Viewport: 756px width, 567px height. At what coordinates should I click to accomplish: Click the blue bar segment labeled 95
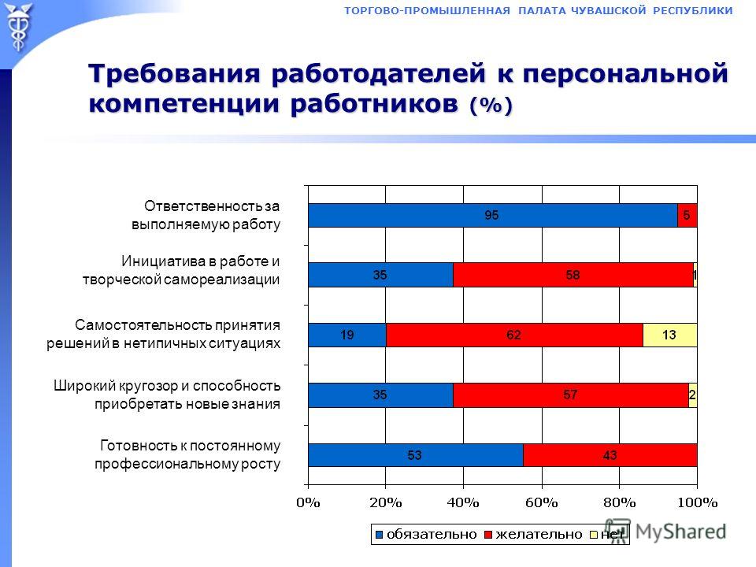point(493,215)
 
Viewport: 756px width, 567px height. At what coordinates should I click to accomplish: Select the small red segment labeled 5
point(687,215)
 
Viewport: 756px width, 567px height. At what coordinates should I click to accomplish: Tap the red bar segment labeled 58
point(573,275)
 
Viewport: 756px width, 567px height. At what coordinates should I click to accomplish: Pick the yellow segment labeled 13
point(669,335)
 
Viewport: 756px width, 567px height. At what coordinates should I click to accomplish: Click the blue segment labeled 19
point(347,335)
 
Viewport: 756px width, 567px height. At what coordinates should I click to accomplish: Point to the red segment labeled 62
point(514,335)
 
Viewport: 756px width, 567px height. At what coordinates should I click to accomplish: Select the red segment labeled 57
point(571,395)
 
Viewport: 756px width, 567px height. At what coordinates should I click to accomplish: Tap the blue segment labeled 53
point(416,454)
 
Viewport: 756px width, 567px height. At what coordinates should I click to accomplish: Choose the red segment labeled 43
point(610,454)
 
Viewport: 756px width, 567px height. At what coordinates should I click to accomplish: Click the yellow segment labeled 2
point(693,395)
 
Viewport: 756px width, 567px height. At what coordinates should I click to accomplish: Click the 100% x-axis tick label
point(697,503)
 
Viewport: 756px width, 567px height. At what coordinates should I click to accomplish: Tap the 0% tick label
point(308,503)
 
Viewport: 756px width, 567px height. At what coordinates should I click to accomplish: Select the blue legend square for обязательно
point(379,535)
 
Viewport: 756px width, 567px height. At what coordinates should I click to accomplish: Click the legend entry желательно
point(534,534)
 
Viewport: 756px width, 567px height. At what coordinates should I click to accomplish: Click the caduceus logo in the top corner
point(18,27)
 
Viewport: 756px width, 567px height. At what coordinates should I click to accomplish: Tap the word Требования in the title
point(175,74)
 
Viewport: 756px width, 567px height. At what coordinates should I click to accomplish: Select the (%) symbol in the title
point(491,105)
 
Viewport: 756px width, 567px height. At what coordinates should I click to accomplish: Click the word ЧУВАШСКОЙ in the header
point(609,10)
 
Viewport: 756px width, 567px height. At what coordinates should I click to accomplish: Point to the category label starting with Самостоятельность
point(164,334)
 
